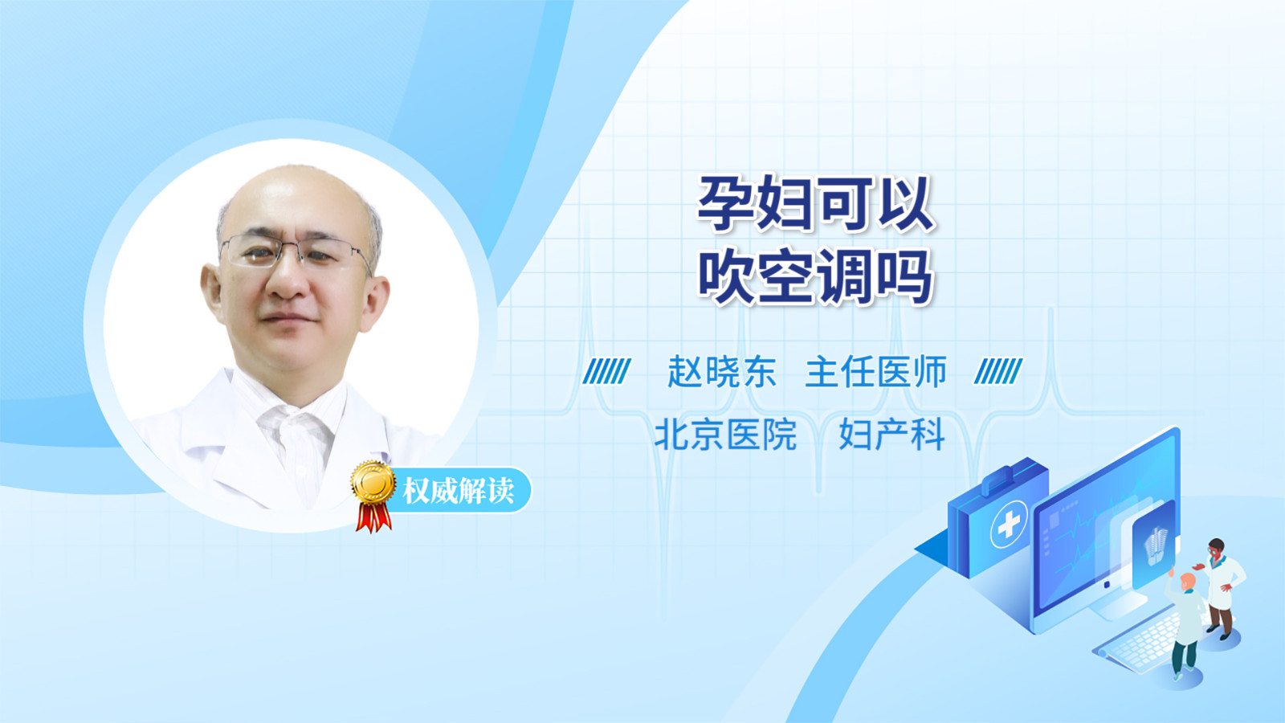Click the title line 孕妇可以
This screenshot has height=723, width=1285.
point(816,204)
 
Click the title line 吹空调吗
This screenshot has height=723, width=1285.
point(816,276)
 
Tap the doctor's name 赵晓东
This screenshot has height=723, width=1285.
point(722,372)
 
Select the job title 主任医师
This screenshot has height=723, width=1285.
point(876,372)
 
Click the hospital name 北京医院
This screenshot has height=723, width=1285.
point(726,435)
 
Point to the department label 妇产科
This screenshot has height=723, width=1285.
point(892,435)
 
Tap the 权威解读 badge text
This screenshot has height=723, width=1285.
point(458,491)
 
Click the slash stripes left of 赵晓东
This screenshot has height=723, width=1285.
point(606,371)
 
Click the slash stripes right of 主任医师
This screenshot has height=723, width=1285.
point(998,371)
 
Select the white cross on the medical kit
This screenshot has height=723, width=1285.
point(1009,524)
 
